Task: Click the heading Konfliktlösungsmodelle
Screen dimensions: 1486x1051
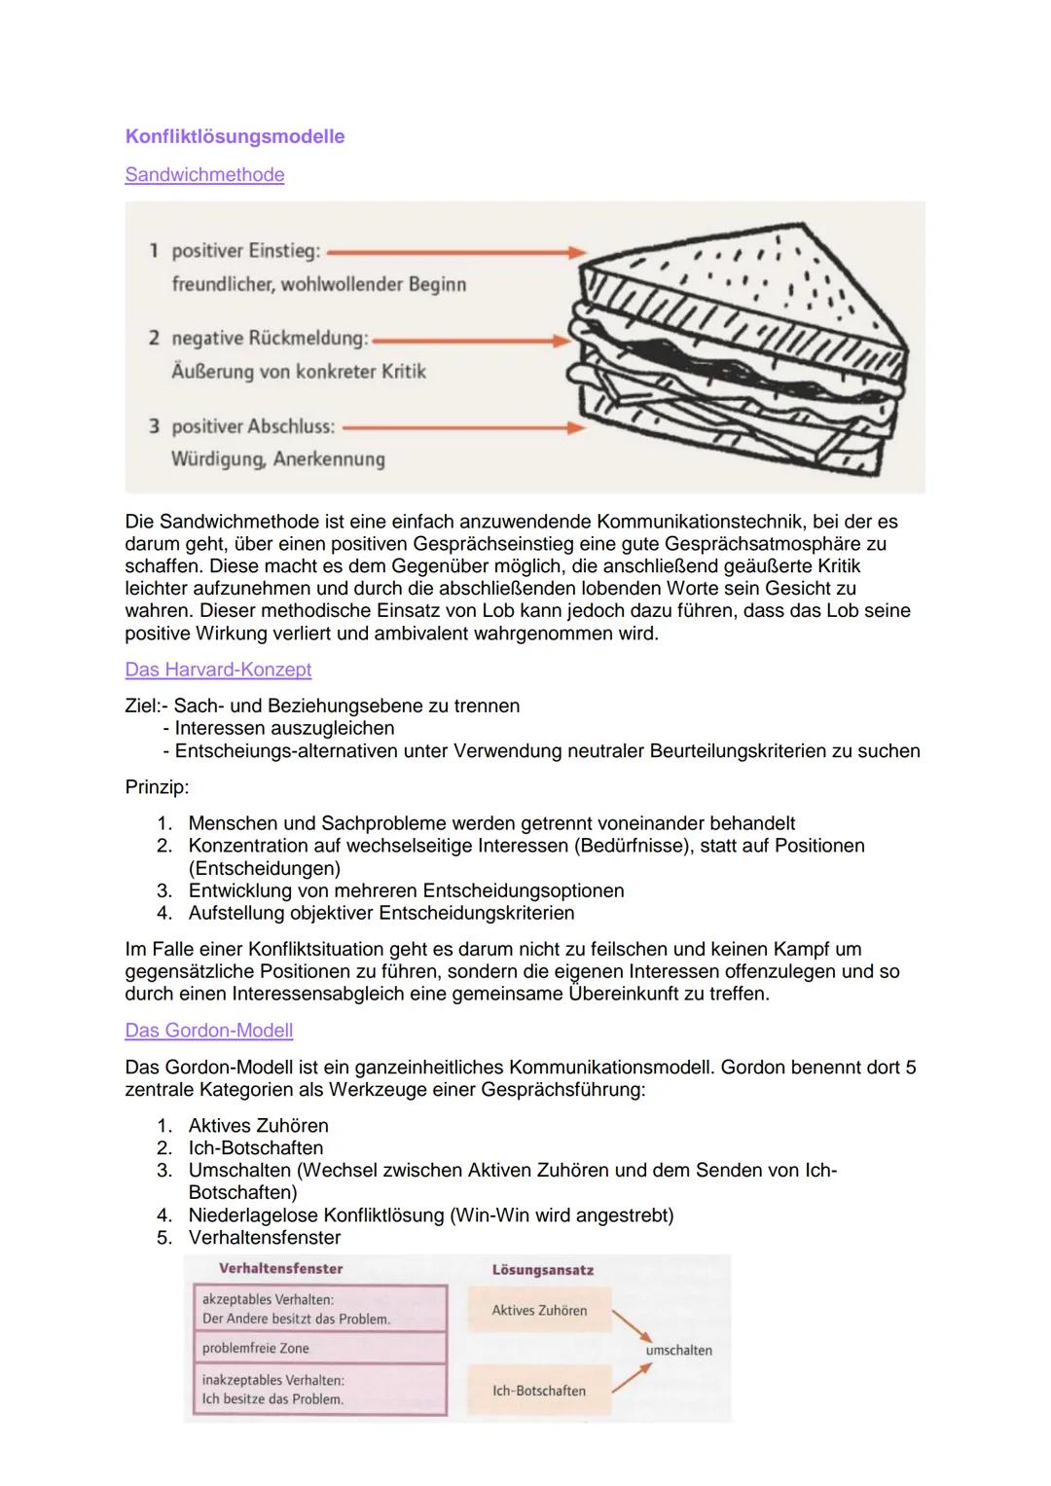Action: tap(235, 136)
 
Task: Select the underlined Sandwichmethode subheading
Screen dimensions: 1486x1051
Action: tap(204, 175)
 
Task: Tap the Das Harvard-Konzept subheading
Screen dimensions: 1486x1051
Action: tap(218, 670)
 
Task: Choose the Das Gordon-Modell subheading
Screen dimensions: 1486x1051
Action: tap(208, 1030)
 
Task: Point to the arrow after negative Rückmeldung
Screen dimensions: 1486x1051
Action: tap(472, 341)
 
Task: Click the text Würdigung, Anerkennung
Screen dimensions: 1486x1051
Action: tap(277, 459)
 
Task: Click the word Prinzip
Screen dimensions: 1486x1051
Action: tap(157, 785)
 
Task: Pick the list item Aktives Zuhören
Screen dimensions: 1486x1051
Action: tap(258, 1125)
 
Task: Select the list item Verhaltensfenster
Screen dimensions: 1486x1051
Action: tap(264, 1237)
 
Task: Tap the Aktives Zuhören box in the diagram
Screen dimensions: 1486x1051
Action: tap(539, 1310)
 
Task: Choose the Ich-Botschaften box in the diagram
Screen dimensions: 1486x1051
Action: tap(539, 1391)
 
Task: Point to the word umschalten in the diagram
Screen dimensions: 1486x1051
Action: tap(678, 1350)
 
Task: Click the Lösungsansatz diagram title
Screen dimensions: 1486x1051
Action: tap(542, 1270)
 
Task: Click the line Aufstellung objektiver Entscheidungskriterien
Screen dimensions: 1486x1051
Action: tap(381, 913)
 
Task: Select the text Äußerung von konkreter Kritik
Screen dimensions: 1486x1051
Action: tap(298, 372)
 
